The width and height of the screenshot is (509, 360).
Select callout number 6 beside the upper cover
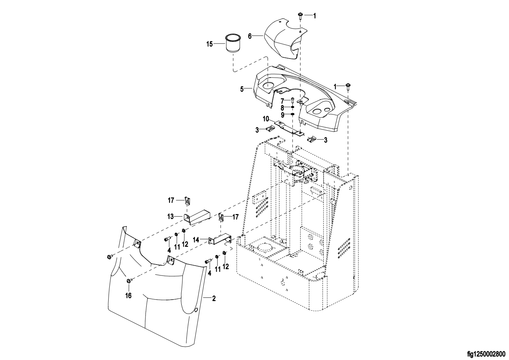coord(250,36)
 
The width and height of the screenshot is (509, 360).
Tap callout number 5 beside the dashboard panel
coord(242,89)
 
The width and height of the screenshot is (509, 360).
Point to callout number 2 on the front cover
coord(214,299)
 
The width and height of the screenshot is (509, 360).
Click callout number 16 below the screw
coord(128,295)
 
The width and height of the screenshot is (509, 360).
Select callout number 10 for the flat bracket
coord(265,119)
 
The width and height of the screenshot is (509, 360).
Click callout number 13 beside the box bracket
coord(170,217)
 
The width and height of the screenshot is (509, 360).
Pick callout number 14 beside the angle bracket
coord(196,240)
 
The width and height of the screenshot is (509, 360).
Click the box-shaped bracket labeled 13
coord(197,217)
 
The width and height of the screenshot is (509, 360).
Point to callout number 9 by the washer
coord(282,115)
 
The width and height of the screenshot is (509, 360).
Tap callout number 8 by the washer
coord(282,108)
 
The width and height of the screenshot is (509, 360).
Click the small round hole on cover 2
coord(196,310)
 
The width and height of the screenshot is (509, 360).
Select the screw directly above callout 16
coord(129,281)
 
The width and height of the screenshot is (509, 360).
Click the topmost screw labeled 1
coord(300,15)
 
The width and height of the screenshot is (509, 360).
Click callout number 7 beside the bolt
coord(282,101)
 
